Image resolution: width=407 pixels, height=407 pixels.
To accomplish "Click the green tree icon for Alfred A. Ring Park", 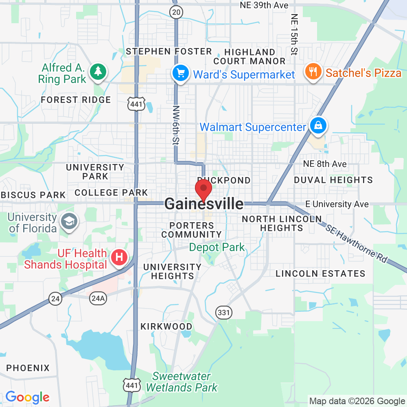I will [x=98, y=72].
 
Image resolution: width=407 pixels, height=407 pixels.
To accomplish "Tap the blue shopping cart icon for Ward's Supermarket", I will [x=180, y=73].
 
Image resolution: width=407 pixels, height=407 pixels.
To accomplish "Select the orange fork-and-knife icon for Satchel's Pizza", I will [x=313, y=72].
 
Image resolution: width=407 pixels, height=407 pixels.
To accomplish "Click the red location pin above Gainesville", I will [x=203, y=190].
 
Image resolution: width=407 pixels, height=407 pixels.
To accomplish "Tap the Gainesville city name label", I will [x=204, y=204].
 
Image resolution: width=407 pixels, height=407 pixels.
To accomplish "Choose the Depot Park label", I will [x=217, y=247].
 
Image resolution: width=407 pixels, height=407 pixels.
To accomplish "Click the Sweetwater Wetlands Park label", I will [x=182, y=382].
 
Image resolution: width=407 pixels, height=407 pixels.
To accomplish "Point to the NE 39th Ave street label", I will [x=264, y=5].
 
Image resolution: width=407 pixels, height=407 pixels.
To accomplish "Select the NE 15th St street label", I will [x=294, y=35].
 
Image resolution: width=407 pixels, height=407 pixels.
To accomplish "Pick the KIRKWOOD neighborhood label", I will [x=166, y=326].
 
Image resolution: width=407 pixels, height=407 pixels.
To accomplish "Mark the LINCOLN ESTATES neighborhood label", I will [x=320, y=274].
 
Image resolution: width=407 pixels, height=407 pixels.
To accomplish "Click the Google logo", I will [x=27, y=397].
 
